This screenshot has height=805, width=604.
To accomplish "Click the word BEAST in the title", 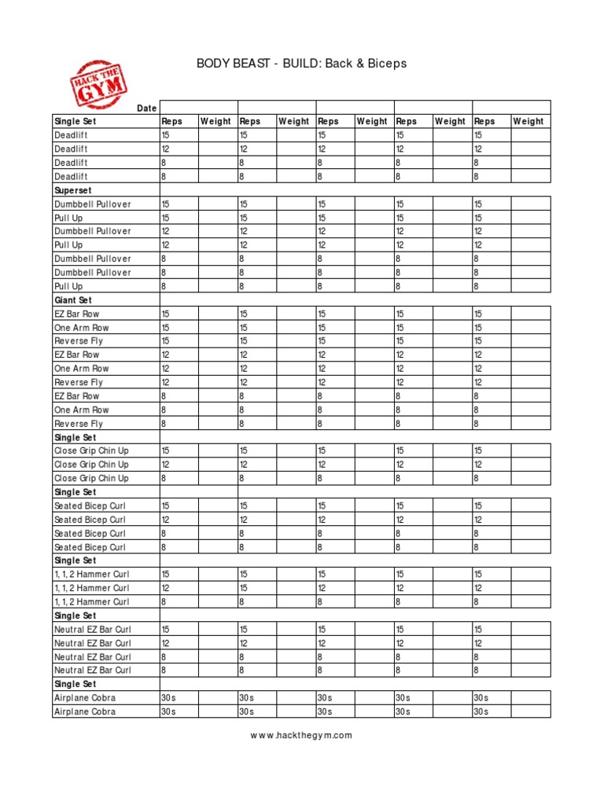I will [x=250, y=63].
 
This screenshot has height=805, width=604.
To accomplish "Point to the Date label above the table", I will [x=146, y=108].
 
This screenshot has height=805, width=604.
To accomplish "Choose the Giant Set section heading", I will [x=73, y=300].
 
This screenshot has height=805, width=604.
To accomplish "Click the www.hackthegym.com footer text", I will [x=301, y=736].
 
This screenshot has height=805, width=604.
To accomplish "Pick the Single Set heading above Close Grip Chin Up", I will [x=75, y=437].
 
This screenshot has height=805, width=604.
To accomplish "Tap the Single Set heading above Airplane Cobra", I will [x=75, y=684].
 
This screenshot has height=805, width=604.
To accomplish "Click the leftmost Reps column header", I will [x=171, y=121].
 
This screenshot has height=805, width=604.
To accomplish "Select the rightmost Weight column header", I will [x=528, y=121].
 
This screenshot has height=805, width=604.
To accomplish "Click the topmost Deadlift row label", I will [x=71, y=135].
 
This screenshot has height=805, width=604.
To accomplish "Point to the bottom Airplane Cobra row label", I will [x=84, y=711].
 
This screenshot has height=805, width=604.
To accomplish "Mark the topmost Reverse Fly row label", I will [x=79, y=341].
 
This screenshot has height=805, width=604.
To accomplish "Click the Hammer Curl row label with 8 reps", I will [x=91, y=601].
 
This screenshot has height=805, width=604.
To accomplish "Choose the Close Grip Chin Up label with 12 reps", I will [x=91, y=465].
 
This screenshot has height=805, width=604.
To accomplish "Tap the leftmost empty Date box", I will [x=198, y=108].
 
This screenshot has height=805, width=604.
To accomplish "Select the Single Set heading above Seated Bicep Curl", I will [x=75, y=492].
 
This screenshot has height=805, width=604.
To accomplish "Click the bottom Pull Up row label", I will [x=68, y=286].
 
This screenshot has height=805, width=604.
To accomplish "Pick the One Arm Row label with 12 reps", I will [x=82, y=369].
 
